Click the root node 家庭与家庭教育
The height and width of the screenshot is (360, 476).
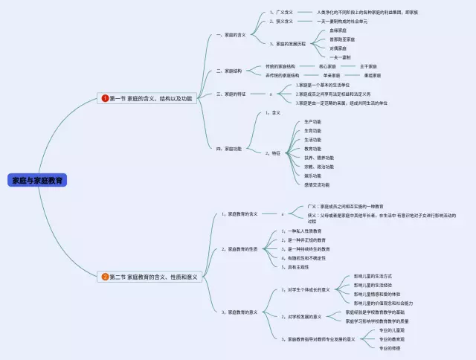[37, 180]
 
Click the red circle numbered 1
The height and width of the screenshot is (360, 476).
[105, 97]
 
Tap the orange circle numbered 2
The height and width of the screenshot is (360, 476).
[105, 277]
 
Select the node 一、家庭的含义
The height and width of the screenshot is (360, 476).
[231, 35]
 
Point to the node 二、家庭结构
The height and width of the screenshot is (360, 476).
[228, 71]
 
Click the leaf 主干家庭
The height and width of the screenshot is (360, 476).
[370, 66]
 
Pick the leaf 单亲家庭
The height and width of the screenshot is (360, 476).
[332, 75]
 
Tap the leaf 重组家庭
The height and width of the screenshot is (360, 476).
[373, 75]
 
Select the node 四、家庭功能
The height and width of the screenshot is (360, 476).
[228, 148]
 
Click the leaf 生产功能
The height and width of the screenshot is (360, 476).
[312, 121]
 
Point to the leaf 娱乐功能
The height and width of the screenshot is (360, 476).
[312, 176]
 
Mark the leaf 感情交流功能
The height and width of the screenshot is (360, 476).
[317, 184]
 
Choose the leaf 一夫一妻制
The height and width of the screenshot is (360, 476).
[340, 57]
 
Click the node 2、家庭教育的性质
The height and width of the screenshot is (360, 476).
[239, 249]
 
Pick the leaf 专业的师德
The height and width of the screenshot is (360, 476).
[390, 347]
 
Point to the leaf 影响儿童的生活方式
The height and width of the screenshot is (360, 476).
[373, 276]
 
